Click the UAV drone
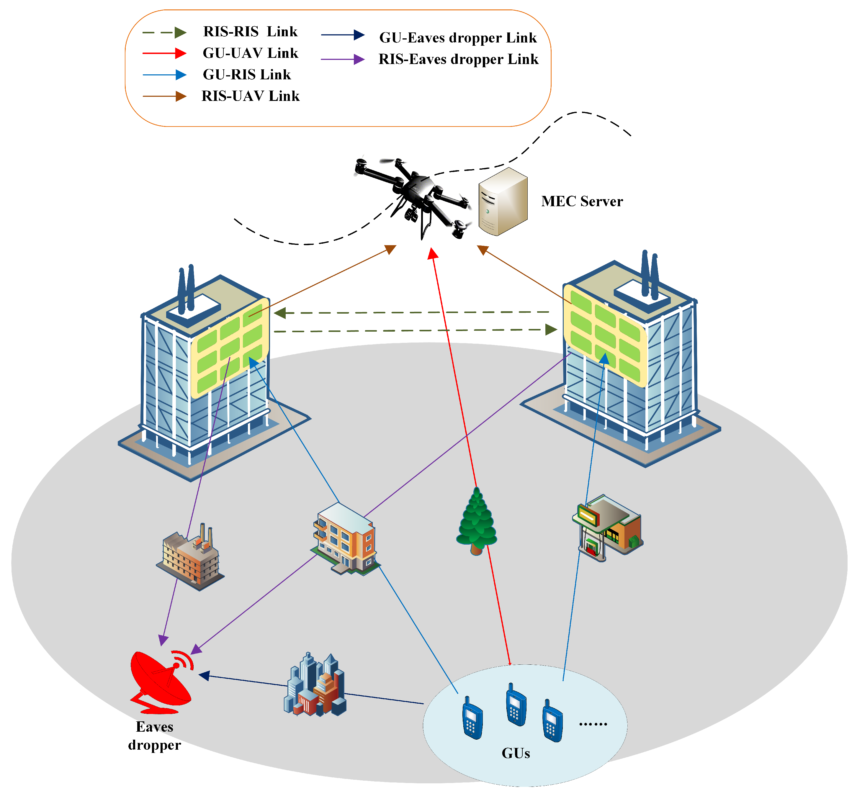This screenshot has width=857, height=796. tap(414, 194)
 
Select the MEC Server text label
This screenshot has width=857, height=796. tap(582, 201)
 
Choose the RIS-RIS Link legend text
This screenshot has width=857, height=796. tap(250, 32)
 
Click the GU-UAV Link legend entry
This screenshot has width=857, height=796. tap(250, 53)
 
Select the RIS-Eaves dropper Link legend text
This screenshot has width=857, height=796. tap(458, 59)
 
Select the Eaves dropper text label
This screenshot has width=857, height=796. tap(154, 736)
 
